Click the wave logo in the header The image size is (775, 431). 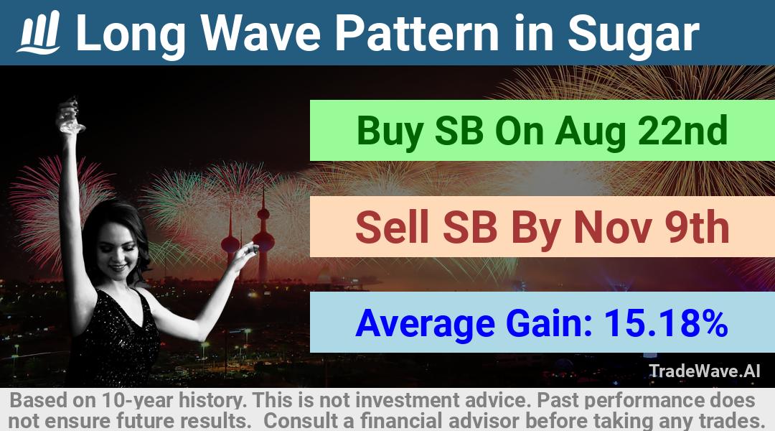pos(39,32)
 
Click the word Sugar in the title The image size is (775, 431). pos(633,34)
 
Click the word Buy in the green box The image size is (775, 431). pos(390,131)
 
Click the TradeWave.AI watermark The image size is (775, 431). pos(705,371)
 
